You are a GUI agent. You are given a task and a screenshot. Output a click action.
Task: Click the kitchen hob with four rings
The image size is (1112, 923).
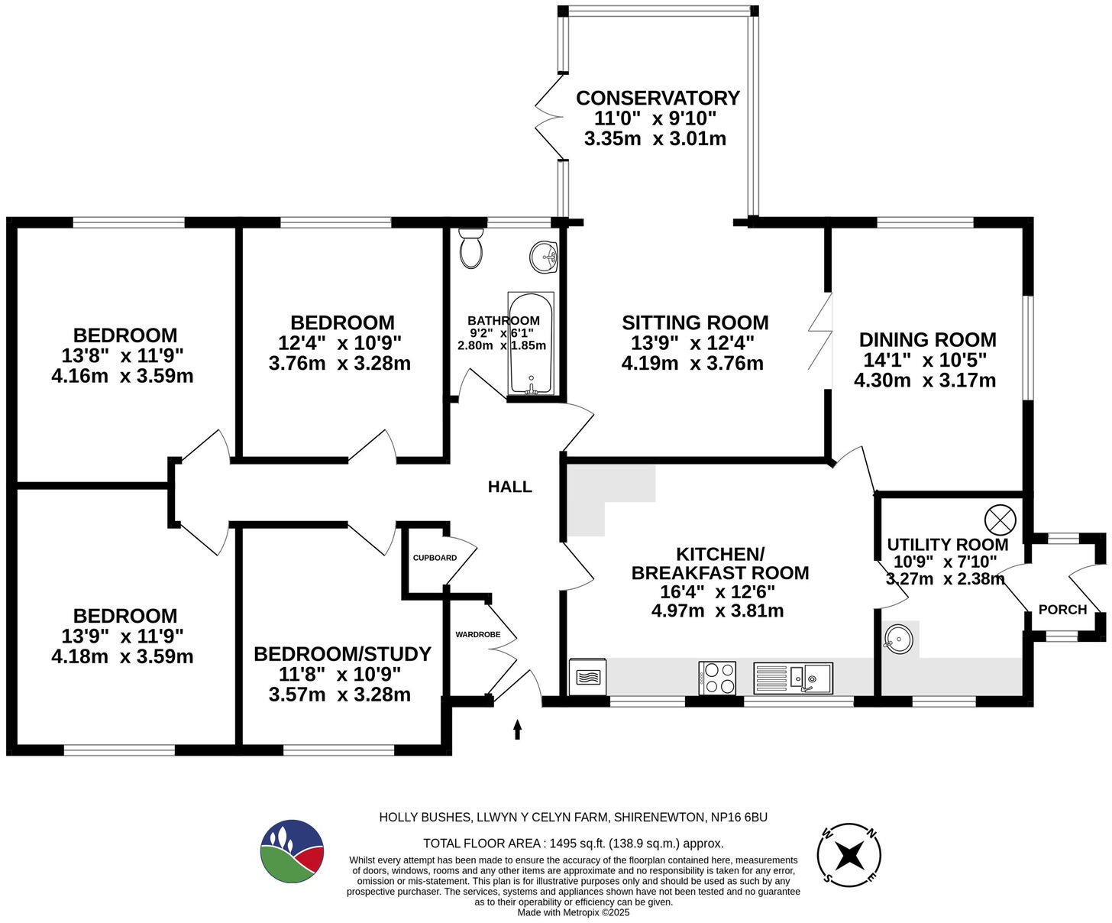point(717,678)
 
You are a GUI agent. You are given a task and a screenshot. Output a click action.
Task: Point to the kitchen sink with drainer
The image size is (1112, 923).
point(793,678)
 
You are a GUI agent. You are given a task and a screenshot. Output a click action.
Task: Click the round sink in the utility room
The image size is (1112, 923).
point(898,636)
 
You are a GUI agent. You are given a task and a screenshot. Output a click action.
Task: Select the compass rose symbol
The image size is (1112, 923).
point(849,856)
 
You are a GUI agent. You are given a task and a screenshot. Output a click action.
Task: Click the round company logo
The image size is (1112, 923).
point(292,851)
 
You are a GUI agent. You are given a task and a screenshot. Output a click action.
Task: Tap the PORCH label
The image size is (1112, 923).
point(1062,610)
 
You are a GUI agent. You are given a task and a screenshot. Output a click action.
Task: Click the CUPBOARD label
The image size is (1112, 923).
point(435,558)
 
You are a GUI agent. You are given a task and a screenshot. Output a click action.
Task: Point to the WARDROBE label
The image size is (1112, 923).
point(478,634)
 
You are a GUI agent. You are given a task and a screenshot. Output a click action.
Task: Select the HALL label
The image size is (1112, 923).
point(509,487)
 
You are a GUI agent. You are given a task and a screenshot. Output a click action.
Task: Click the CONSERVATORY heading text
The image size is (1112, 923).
point(658,99)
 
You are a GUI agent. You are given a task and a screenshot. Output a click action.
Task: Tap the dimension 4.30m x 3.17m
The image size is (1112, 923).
point(924,381)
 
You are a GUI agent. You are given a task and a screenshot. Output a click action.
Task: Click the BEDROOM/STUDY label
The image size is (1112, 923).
point(342,654)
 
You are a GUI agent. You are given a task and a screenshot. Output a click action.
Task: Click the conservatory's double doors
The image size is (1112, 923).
point(548,117)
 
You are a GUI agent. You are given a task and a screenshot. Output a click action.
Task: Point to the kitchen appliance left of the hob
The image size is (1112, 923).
point(587,677)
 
